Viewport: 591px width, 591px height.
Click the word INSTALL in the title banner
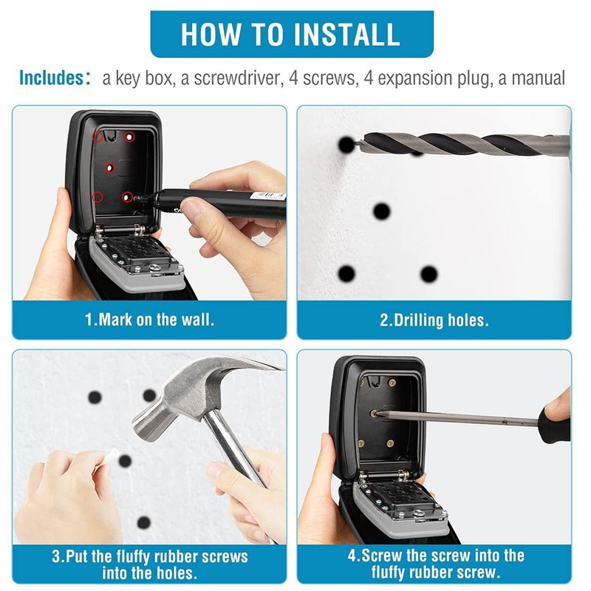[346, 34]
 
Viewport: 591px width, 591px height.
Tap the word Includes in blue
[52, 78]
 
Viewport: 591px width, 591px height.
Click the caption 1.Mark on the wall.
[150, 320]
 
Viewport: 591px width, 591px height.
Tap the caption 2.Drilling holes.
[434, 321]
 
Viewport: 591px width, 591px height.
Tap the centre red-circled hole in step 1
[109, 168]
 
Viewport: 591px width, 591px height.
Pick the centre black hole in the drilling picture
[381, 211]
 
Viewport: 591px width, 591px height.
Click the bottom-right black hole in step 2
[428, 274]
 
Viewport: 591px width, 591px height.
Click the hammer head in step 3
[196, 396]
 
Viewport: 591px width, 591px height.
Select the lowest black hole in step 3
[143, 523]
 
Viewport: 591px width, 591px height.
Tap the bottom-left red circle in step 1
[98, 197]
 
